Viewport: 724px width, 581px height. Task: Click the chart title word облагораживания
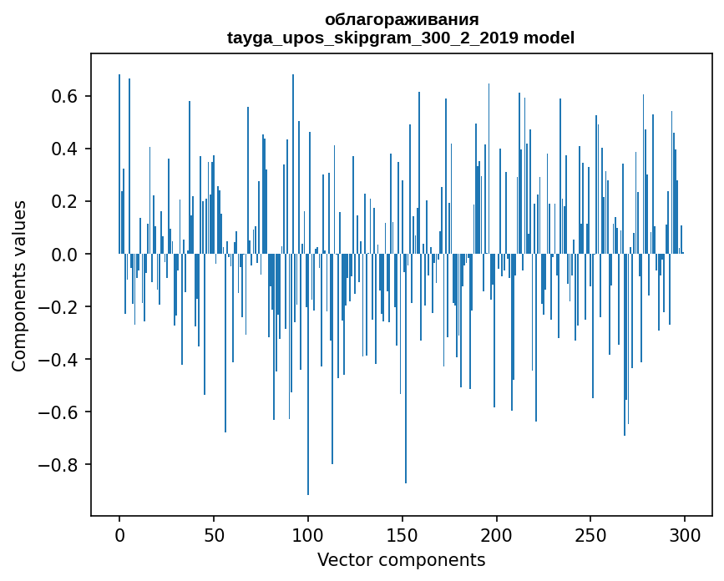click(x=402, y=19)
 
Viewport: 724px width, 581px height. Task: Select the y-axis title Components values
click(x=19, y=285)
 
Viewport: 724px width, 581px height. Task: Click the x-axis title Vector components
click(x=401, y=559)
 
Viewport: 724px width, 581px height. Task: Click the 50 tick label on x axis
click(x=214, y=534)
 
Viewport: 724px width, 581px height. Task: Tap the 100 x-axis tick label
click(x=308, y=534)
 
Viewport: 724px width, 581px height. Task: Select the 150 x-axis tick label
click(x=403, y=534)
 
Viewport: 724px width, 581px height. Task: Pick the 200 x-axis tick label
click(x=497, y=534)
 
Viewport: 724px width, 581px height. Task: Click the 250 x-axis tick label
click(x=591, y=534)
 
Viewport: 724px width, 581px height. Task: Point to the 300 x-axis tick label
click(x=685, y=534)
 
